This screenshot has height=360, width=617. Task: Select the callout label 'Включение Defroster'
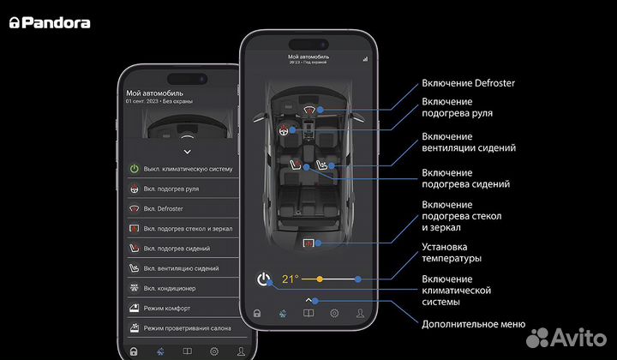tap(468, 83)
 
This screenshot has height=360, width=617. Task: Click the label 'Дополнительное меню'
tap(473, 324)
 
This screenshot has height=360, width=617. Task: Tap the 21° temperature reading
tap(291, 279)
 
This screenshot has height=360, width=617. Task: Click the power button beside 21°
tap(264, 279)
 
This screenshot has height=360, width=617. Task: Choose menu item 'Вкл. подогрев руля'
tap(183, 189)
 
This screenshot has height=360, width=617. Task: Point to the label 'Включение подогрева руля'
tap(457, 107)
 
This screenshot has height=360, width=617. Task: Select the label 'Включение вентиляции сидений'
tap(469, 142)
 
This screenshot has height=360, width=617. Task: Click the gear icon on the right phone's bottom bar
tap(334, 314)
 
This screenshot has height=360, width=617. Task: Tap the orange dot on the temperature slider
tap(320, 279)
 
